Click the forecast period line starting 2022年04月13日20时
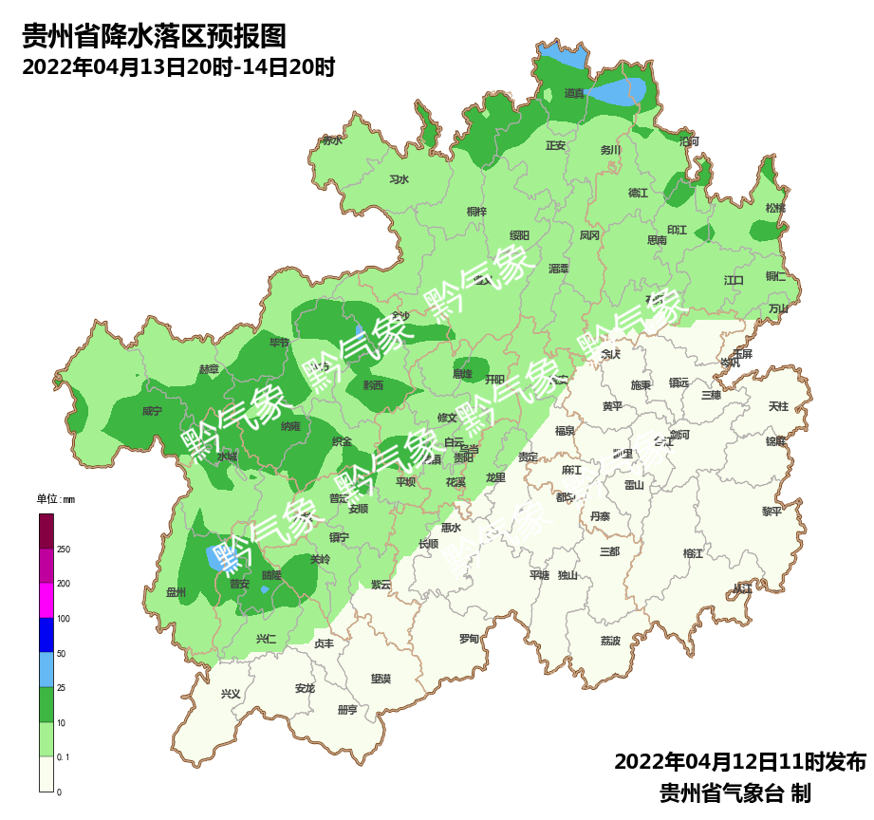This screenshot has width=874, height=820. coord(178,68)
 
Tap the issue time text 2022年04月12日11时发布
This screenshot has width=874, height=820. coord(740,761)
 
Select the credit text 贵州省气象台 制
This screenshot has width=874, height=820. coord(735,792)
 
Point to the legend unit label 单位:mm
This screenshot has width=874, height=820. coord(55,499)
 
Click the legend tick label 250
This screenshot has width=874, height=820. coord(64,550)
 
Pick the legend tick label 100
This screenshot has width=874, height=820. coord(64,619)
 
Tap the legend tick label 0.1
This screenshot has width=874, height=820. coord(63,756)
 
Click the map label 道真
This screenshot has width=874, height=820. coord(574,93)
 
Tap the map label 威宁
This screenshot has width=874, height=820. coord(152,412)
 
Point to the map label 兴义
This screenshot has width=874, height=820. coord(231,694)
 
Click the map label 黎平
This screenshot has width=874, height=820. coord(772,511)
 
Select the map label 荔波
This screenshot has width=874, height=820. coord(610,641)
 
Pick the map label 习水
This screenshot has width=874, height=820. coord(399,179)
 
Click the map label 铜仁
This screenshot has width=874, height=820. coord(775,276)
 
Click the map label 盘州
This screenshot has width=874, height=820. coord(176,592)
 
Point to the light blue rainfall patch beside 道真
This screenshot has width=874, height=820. coord(619,92)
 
